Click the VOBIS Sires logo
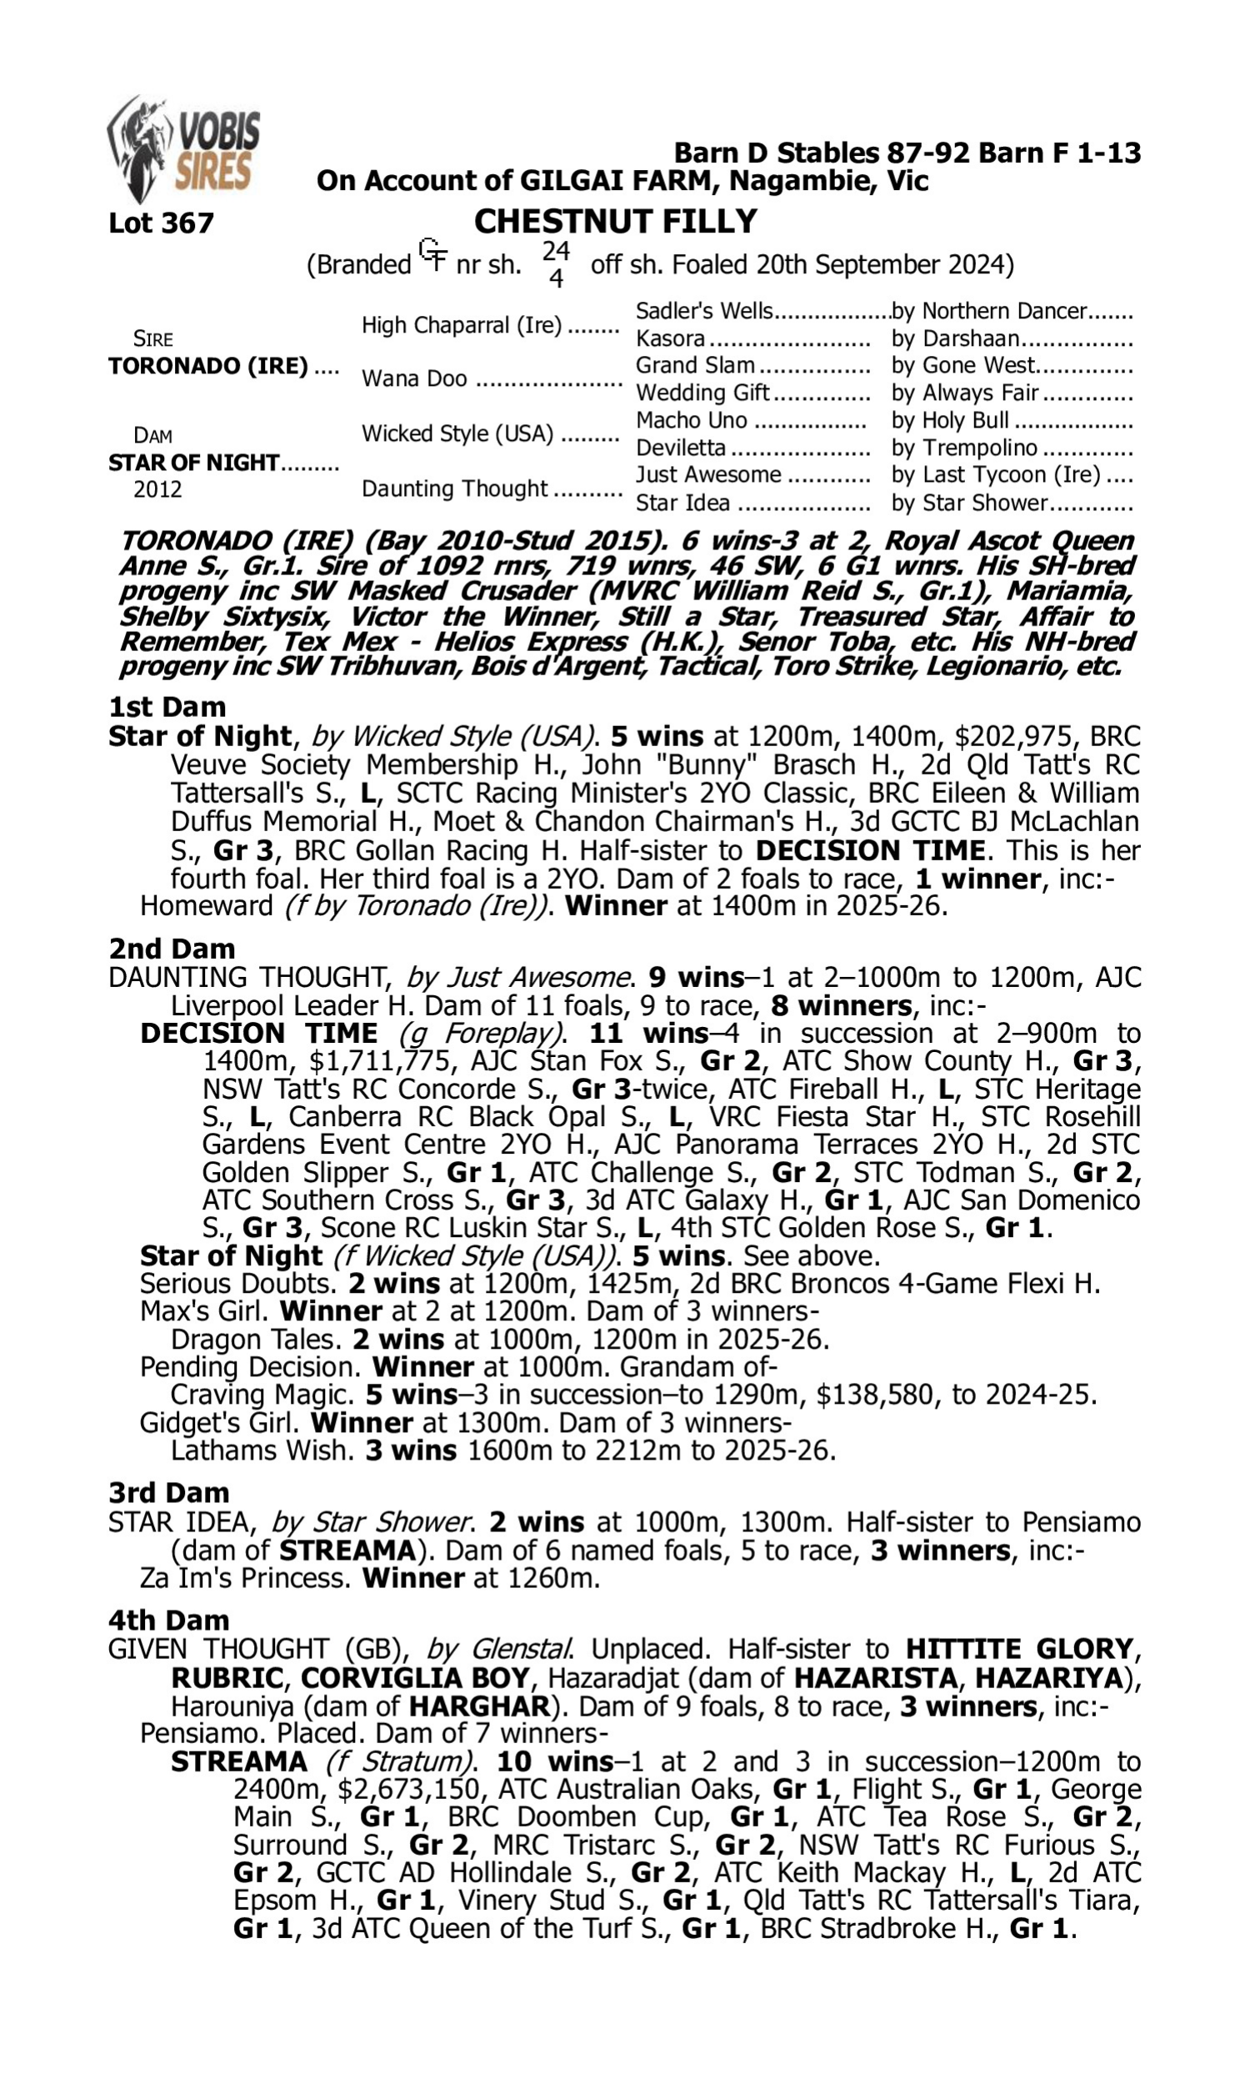tap(183, 150)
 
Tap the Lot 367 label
tap(161, 223)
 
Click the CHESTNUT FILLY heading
tap(615, 222)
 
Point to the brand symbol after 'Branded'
tap(433, 255)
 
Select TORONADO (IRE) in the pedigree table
tap(208, 367)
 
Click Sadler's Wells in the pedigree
tap(703, 311)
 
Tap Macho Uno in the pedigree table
tap(691, 420)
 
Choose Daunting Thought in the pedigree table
tap(455, 488)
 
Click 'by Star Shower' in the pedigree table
tap(969, 503)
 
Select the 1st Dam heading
tap(167, 707)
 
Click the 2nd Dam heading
tap(172, 949)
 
